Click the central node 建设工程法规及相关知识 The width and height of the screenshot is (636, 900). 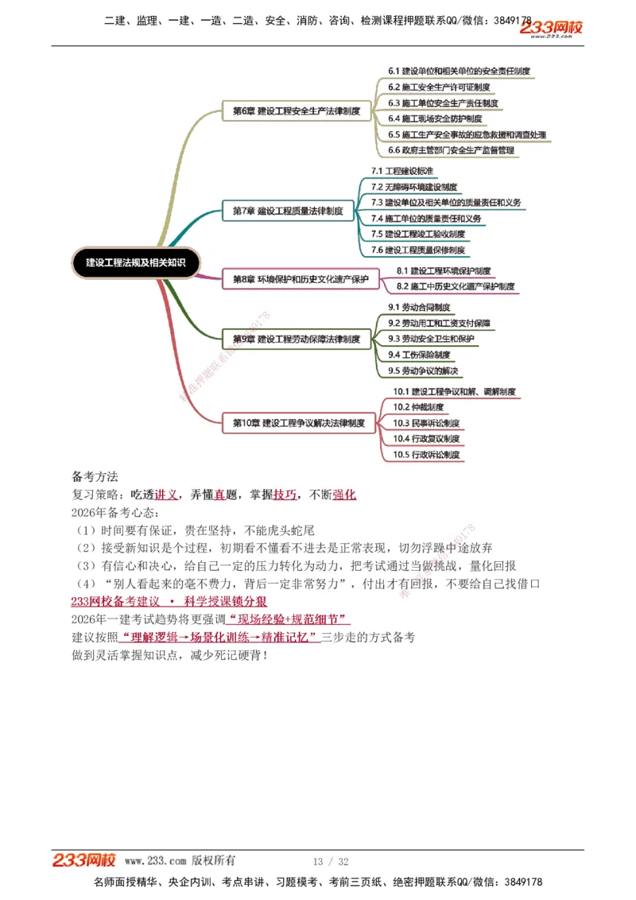pos(135,262)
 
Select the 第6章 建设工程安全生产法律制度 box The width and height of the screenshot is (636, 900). pos(296,111)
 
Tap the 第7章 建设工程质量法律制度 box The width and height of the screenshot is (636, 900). pos(288,211)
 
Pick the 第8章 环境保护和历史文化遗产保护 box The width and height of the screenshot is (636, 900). pos(301,279)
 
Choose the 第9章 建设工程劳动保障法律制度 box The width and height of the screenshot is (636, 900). pos(296,339)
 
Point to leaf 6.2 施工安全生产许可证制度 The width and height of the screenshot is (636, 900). pos(439,87)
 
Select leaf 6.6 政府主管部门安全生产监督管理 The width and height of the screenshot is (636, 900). pos(451,149)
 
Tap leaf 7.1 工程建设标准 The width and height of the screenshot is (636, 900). pos(402,171)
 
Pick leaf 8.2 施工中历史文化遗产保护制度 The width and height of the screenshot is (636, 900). pos(456,286)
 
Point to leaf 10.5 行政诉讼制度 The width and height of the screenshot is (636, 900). pos(426,455)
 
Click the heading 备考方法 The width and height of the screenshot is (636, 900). pos(95,477)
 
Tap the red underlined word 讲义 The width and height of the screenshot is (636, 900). pos(166,495)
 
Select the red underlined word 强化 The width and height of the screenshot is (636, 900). pos(344,495)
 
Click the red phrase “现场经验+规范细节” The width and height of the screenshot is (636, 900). pos(289,619)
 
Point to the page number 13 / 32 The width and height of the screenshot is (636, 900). pos(331,862)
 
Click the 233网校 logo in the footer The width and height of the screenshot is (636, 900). pos(84,860)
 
